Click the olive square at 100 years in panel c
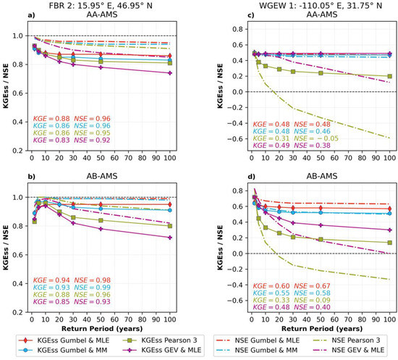coord(390,76)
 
